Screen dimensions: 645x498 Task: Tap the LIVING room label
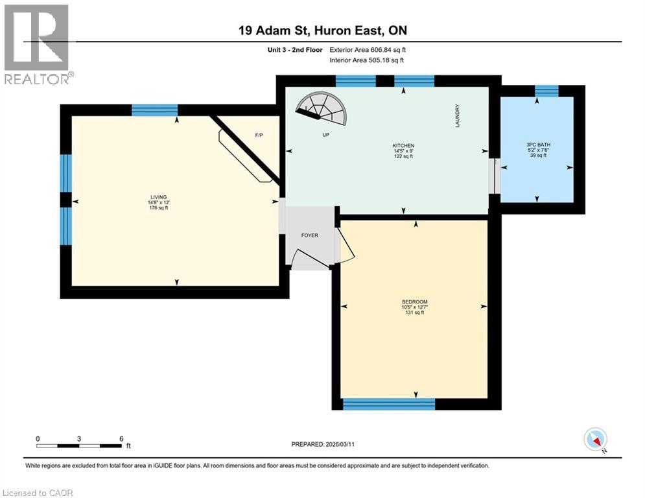click(x=159, y=197)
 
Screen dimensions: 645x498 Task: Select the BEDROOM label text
click(x=415, y=302)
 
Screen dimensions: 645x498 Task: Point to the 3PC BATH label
click(x=539, y=145)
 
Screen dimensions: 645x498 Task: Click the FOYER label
click(x=310, y=235)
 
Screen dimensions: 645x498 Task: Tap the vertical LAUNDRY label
click(x=457, y=115)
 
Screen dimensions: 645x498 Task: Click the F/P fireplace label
click(x=259, y=135)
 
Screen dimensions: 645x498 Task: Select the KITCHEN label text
click(x=404, y=146)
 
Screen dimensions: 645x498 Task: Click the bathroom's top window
click(x=546, y=91)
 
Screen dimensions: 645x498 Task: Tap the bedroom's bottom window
click(x=389, y=404)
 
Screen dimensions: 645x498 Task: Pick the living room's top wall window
click(x=155, y=110)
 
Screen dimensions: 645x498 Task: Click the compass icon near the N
click(x=595, y=439)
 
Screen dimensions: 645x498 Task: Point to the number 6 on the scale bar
click(x=121, y=439)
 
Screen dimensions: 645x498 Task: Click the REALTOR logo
click(x=38, y=45)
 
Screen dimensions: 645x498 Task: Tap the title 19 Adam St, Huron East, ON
click(x=323, y=30)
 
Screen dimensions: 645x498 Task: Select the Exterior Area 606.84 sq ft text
click(x=368, y=50)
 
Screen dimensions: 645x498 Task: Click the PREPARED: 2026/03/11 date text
click(x=323, y=444)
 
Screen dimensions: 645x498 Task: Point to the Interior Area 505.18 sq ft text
click(x=366, y=60)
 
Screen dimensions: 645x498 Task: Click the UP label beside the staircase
click(x=326, y=135)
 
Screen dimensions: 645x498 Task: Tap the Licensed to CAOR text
click(x=38, y=493)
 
